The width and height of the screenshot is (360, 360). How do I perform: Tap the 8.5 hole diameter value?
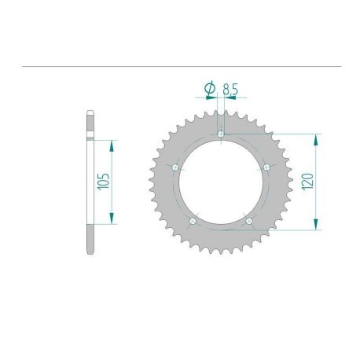(230, 90)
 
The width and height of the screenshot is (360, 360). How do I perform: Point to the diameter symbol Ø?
(210, 90)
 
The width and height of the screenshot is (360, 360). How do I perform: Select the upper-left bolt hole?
(174, 167)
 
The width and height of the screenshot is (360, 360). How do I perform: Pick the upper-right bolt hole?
(267, 167)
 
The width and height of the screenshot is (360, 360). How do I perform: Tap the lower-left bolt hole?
(193, 222)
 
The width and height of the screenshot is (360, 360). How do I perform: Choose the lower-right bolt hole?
(249, 222)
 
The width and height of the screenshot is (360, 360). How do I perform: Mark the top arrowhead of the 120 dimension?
(316, 138)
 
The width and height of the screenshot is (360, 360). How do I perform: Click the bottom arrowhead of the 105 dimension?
(113, 219)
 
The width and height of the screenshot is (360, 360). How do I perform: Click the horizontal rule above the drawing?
(180, 66)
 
